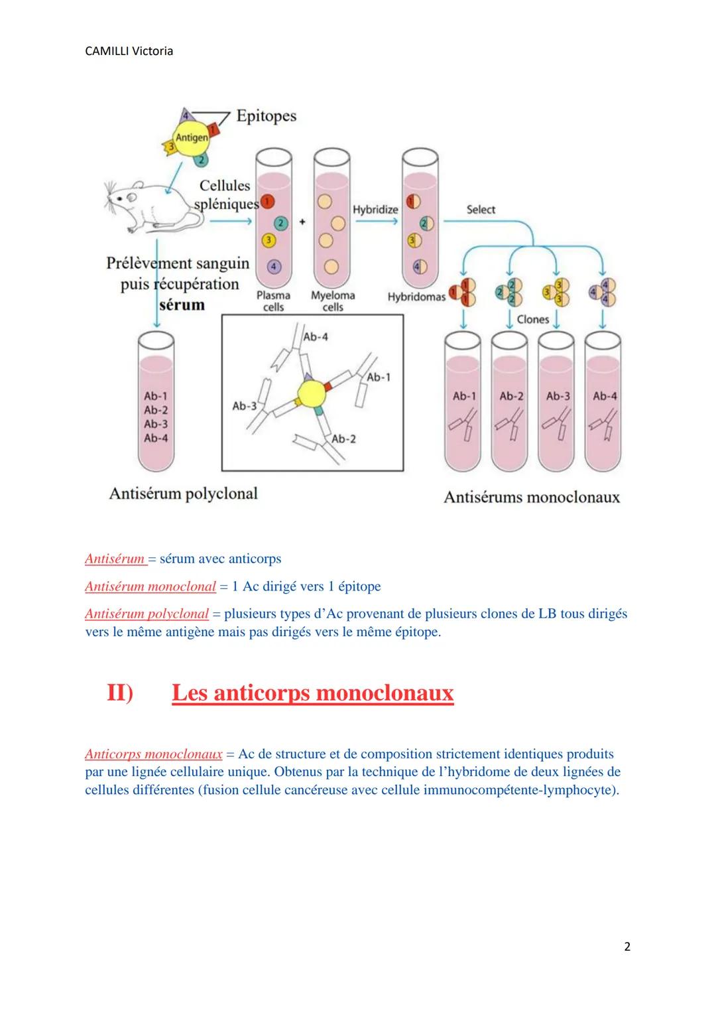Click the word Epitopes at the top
point(266,116)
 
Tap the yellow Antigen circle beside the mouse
point(191,137)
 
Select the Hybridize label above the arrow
point(375,209)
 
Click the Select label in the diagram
point(481,209)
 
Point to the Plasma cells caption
point(273,301)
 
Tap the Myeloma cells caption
point(333,301)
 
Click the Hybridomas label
point(416,297)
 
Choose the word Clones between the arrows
point(533,319)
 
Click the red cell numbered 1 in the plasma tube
point(267,200)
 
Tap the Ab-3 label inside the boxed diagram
point(244,405)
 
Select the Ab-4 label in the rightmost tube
point(605,396)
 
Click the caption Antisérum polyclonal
point(183,494)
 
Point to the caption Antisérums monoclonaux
point(532,497)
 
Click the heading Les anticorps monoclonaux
point(312,693)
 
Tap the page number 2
point(627,947)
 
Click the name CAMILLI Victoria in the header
point(129,51)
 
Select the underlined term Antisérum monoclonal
point(150,586)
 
